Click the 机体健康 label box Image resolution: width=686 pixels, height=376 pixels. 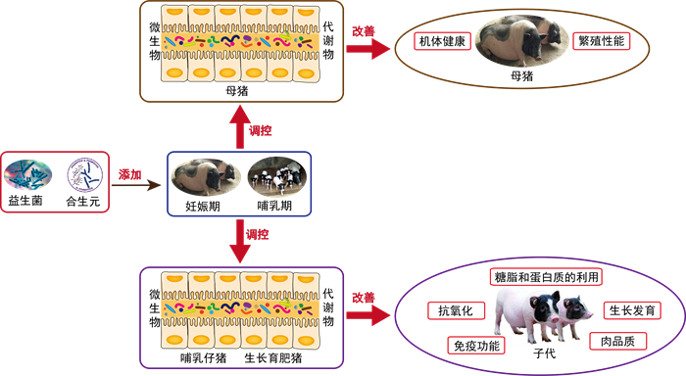click(x=442, y=41)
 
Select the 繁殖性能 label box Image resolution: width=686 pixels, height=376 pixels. click(x=602, y=41)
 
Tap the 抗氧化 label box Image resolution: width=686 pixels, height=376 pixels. click(x=457, y=310)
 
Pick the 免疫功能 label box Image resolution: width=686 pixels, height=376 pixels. click(x=476, y=346)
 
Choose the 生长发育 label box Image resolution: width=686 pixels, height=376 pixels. click(x=632, y=310)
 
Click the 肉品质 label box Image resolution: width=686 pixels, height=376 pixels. click(x=617, y=341)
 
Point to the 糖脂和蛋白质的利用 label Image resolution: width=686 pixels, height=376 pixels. click(x=546, y=277)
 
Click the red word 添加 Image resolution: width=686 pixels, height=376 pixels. click(x=130, y=175)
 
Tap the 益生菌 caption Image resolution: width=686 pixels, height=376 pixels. click(x=25, y=201)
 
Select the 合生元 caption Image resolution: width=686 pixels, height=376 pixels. click(x=83, y=201)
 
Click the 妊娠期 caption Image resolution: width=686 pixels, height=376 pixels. click(x=203, y=206)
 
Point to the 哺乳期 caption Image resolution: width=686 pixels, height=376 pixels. click(x=274, y=206)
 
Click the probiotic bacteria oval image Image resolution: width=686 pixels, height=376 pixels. click(x=28, y=175)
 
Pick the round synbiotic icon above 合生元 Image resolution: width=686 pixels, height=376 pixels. click(x=85, y=175)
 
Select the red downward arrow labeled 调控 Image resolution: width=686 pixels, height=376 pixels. click(x=240, y=241)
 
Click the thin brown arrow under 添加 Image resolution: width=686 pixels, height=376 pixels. click(x=136, y=185)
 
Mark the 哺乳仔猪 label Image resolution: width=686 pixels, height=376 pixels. click(x=204, y=358)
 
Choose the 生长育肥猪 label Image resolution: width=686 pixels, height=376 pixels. click(x=273, y=358)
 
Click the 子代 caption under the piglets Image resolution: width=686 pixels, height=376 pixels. click(x=545, y=353)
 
